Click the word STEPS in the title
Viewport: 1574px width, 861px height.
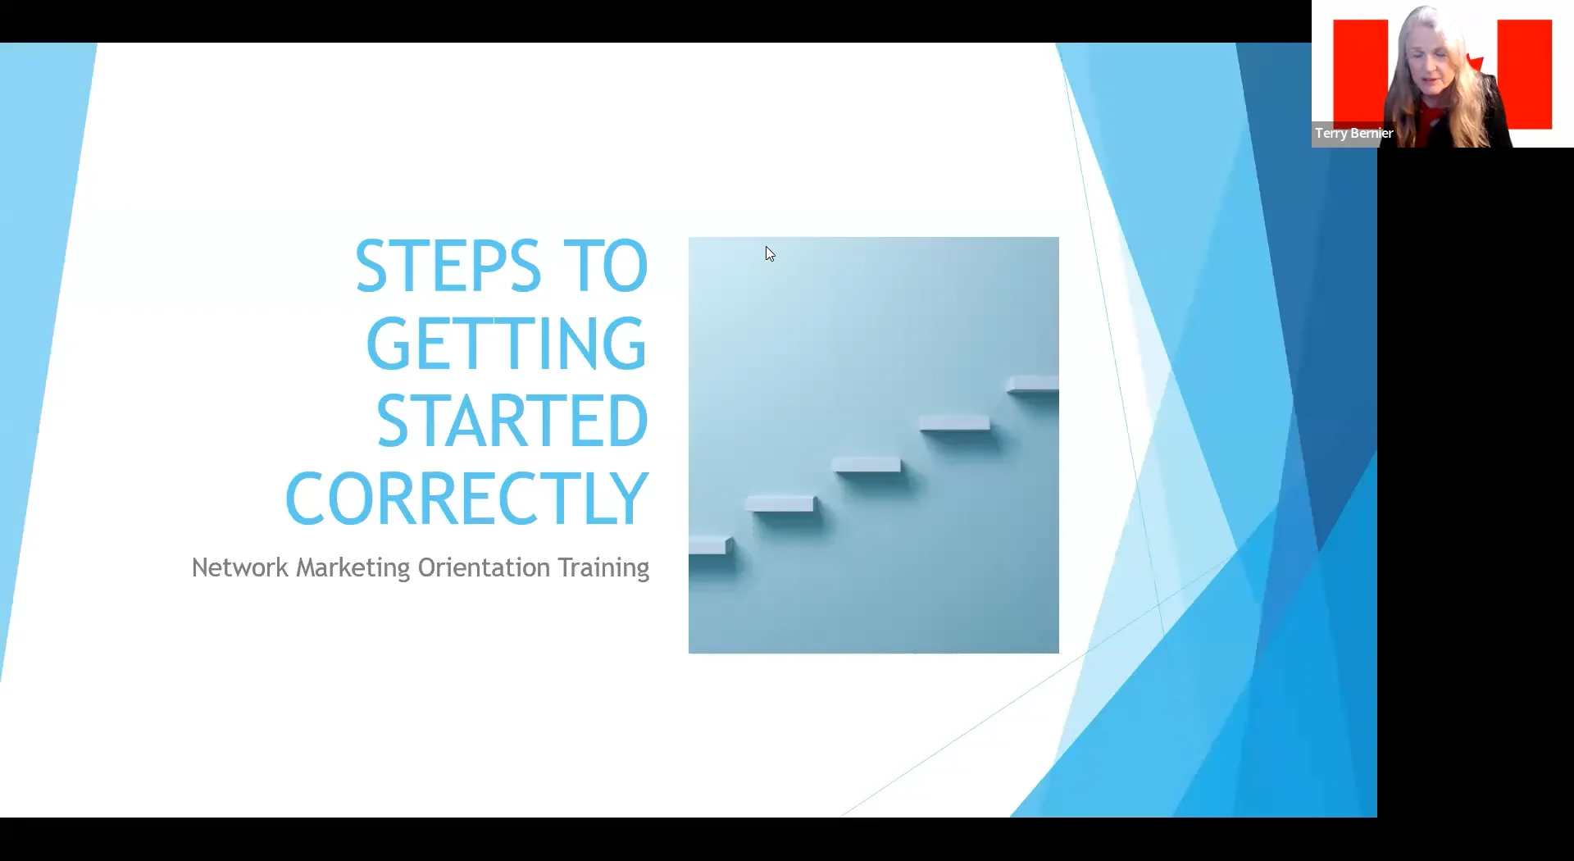pyautogui.click(x=448, y=266)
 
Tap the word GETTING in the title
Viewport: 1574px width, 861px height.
pyautogui.click(x=507, y=344)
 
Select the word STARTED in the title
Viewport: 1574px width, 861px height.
pyautogui.click(x=512, y=421)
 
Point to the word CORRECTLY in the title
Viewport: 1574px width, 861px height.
pyautogui.click(x=466, y=499)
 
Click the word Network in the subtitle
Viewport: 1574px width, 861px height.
pyautogui.click(x=239, y=567)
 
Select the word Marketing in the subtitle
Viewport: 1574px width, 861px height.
pyautogui.click(x=353, y=568)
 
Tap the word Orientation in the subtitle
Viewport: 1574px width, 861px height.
pyautogui.click(x=484, y=567)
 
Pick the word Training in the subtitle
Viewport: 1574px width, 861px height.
pyautogui.click(x=603, y=568)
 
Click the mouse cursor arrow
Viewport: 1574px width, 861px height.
pyautogui.click(x=769, y=253)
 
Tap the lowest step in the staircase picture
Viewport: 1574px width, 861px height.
pyautogui.click(x=708, y=545)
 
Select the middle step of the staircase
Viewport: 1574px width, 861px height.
pyautogui.click(x=867, y=465)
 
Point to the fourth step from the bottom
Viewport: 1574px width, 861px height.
pyautogui.click(x=954, y=423)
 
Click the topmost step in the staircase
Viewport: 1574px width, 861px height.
pyautogui.click(x=1033, y=383)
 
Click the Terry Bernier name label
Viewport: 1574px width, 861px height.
pyautogui.click(x=1353, y=133)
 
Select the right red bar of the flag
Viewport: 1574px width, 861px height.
pyautogui.click(x=1525, y=74)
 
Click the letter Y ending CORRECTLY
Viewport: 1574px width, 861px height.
pyautogui.click(x=630, y=499)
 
